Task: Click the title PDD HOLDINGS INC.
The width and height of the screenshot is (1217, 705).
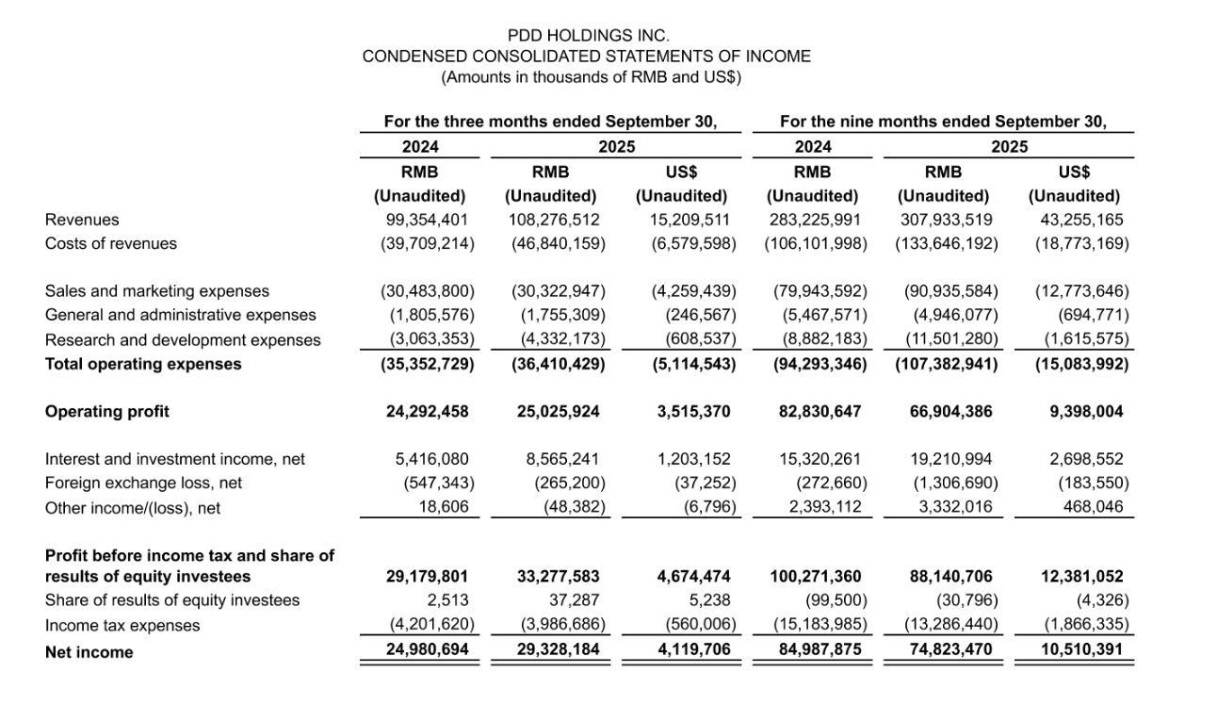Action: (588, 36)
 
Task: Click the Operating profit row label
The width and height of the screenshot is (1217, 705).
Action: (107, 411)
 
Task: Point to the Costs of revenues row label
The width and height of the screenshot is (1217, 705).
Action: (111, 243)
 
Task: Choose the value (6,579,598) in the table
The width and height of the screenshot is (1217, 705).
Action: (687, 243)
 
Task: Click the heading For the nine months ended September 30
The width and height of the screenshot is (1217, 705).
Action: (943, 122)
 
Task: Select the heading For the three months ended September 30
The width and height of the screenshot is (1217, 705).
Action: (550, 122)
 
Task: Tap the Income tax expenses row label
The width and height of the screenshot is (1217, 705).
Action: (122, 625)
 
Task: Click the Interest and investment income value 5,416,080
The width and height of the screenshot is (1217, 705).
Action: (431, 459)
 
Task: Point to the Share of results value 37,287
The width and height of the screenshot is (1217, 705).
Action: (574, 600)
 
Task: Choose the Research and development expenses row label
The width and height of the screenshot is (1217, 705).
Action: (183, 340)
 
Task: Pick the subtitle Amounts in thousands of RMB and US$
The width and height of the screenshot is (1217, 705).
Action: (591, 77)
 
